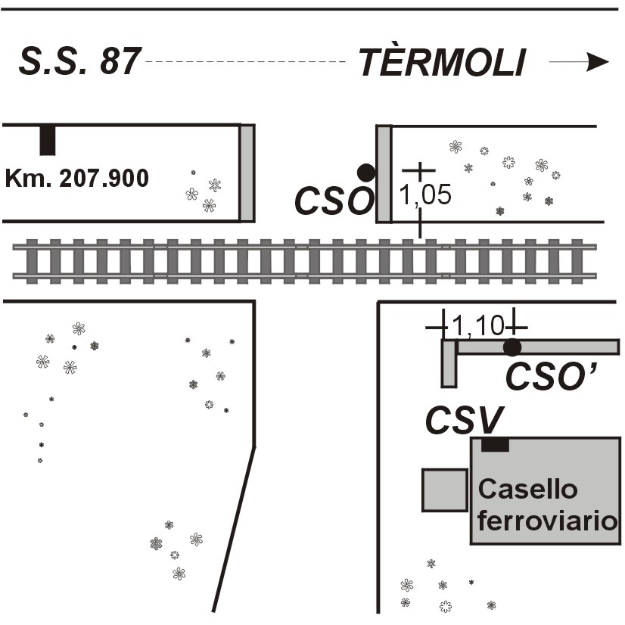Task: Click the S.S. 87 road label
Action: (x=79, y=61)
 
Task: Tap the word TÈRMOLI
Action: (x=441, y=62)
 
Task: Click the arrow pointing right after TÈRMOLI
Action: (x=579, y=62)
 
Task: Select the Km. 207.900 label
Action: (x=76, y=179)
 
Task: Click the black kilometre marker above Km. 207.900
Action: (x=48, y=140)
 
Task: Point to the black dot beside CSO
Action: (x=366, y=173)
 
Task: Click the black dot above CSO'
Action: (x=512, y=347)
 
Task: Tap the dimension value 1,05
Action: (x=425, y=195)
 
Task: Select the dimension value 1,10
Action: (x=478, y=326)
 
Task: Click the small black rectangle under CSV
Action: (x=495, y=445)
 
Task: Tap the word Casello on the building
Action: (x=527, y=490)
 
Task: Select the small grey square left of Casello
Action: (x=444, y=490)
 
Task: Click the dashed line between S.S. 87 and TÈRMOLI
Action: (x=246, y=61)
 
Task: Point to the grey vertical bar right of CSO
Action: (x=384, y=174)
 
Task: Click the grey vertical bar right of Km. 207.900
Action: (x=247, y=173)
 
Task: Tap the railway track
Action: (x=303, y=260)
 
